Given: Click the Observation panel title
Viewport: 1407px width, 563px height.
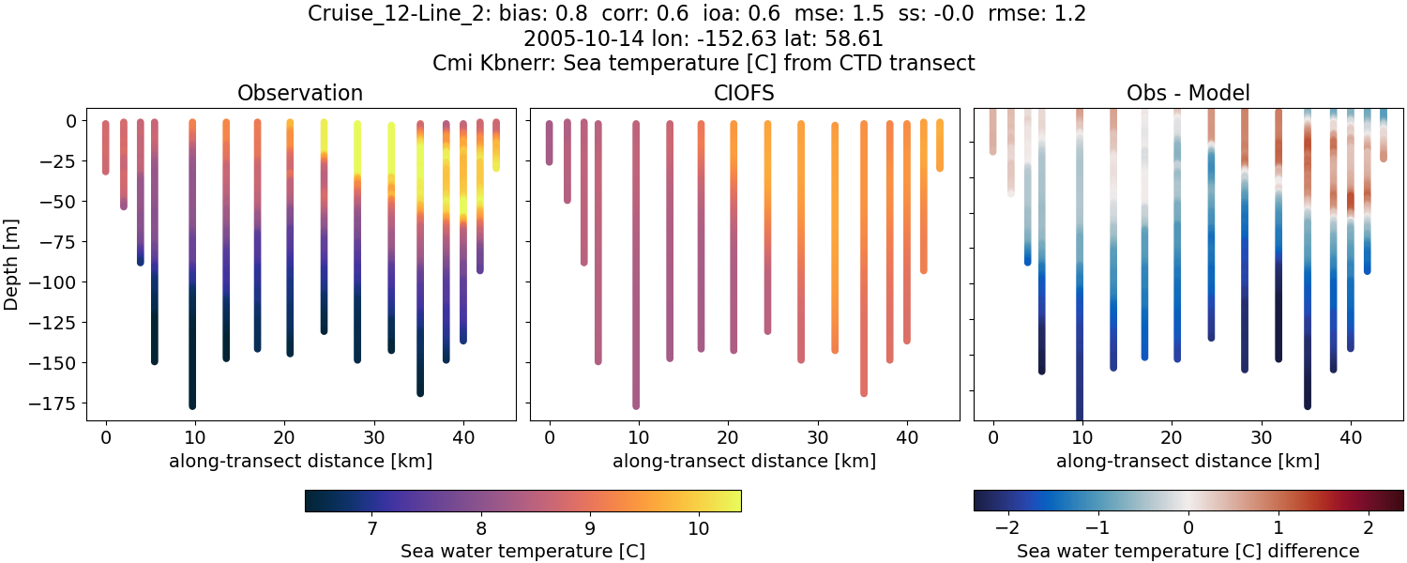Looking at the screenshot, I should tap(300, 93).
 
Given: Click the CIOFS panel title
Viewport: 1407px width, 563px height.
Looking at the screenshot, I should tap(744, 93).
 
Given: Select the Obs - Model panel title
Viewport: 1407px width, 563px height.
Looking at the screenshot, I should tap(1188, 93).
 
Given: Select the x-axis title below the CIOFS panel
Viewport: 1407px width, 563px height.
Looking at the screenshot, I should tap(744, 461).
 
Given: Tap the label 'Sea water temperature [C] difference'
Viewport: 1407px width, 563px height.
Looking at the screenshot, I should tap(1188, 551).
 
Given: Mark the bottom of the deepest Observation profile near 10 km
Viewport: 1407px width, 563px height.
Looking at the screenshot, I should tap(192, 405).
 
